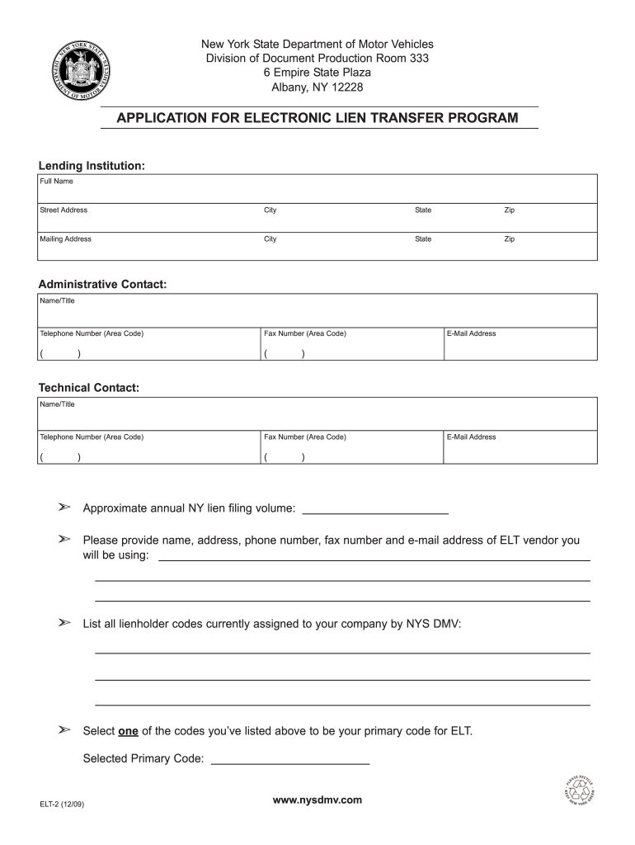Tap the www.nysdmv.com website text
pyautogui.click(x=317, y=800)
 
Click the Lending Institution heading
pyautogui.click(x=92, y=166)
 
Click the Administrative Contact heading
pyautogui.click(x=102, y=284)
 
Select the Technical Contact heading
pyautogui.click(x=89, y=387)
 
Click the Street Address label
pyautogui.click(x=63, y=210)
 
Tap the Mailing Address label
pyautogui.click(x=66, y=239)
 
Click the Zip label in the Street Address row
pyautogui.click(x=510, y=210)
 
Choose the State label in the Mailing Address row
pyautogui.click(x=423, y=239)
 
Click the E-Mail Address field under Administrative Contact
pyautogui.click(x=520, y=350)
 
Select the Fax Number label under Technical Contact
pyautogui.click(x=305, y=437)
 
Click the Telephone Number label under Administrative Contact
pyautogui.click(x=92, y=333)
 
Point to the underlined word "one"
pyautogui.click(x=129, y=731)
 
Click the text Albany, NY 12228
pyautogui.click(x=317, y=87)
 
